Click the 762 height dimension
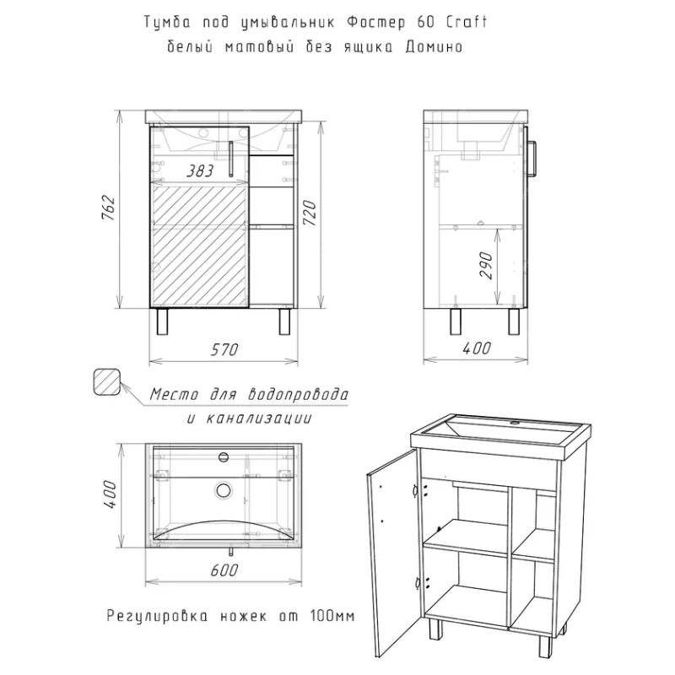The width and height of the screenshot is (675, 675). (109, 208)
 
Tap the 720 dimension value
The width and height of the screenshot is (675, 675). (310, 213)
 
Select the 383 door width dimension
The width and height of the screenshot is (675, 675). (200, 171)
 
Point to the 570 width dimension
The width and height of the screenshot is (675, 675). (224, 349)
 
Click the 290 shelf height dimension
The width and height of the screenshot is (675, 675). (486, 266)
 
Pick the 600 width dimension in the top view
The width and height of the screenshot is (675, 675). (224, 570)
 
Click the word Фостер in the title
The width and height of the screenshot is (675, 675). (375, 23)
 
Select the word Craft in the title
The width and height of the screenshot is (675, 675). (467, 22)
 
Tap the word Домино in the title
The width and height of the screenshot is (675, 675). (434, 46)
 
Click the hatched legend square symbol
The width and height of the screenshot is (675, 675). (106, 381)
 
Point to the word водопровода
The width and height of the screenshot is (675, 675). (298, 394)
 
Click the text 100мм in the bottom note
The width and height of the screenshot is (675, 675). (332, 617)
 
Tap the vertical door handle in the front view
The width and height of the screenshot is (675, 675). (230, 159)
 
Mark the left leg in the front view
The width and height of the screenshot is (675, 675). (162, 321)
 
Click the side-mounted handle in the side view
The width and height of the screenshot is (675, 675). (532, 159)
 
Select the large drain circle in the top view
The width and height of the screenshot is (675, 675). (224, 489)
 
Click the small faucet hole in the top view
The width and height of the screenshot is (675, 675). (224, 456)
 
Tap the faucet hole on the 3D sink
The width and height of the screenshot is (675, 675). (514, 424)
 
